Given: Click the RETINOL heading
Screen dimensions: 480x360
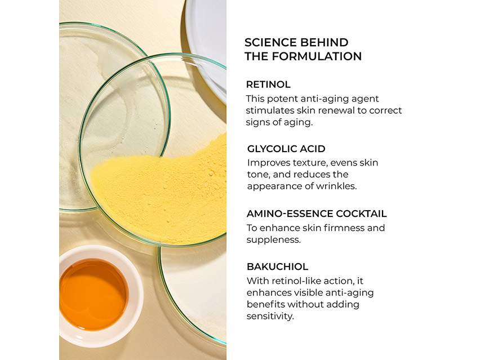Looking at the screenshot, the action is point(268,85).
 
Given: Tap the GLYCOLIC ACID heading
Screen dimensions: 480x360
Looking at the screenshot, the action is point(286,149).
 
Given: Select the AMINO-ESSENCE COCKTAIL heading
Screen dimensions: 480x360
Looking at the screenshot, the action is point(317,214).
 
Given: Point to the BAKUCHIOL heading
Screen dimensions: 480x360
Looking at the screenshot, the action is point(277,266).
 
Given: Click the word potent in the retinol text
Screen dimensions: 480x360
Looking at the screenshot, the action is point(283,99).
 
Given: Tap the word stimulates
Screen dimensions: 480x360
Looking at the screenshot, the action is point(270,110).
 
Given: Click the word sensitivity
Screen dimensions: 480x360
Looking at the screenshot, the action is point(270,316).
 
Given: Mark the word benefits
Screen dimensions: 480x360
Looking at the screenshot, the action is point(265,305).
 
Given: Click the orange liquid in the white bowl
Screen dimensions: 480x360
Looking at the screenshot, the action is point(93,295).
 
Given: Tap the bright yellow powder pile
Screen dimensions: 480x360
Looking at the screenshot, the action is point(165,190).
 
